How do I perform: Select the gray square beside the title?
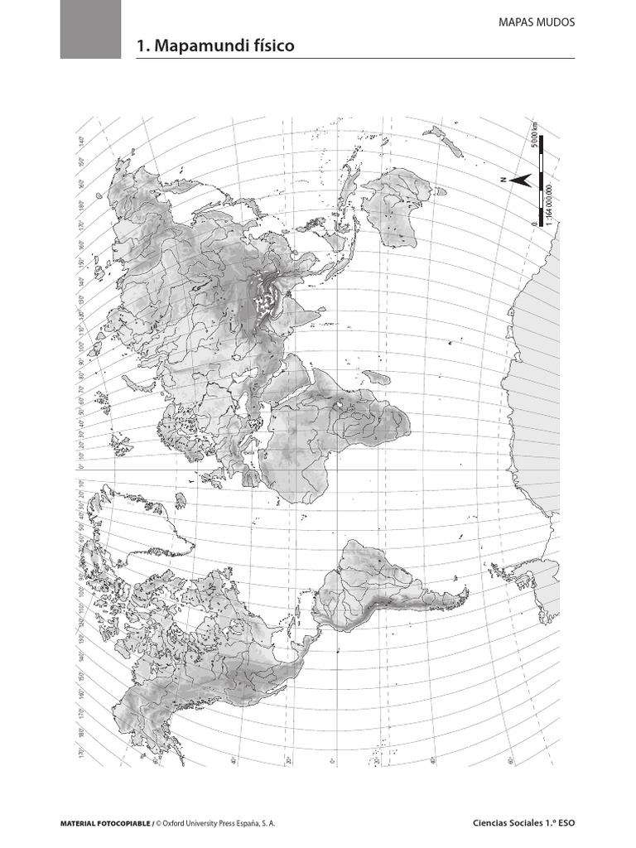[90, 29]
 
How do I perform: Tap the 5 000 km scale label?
[536, 135]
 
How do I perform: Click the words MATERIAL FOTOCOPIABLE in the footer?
[105, 824]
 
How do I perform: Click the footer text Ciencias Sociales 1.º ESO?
[523, 824]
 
